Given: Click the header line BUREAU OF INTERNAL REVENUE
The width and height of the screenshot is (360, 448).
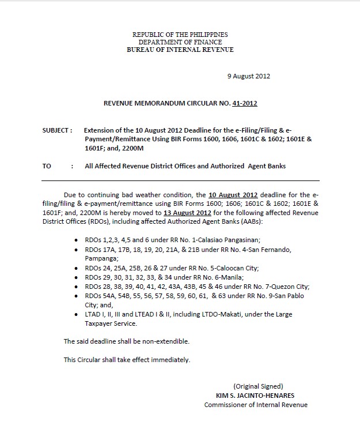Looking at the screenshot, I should tap(180, 50).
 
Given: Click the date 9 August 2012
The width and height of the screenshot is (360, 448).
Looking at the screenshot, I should tap(249, 76).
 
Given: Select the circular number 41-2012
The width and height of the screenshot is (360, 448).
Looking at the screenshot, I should tap(245, 104).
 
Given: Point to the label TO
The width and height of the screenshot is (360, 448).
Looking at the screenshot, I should tap(47, 166).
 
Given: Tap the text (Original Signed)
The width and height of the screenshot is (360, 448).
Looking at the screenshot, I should tap(258, 386).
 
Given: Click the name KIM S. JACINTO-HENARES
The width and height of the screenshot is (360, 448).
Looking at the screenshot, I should tap(254, 396).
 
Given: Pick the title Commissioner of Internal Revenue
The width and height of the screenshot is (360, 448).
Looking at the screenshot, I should tap(256, 405).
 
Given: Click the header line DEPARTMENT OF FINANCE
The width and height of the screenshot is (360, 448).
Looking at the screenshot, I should tap(180, 42).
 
